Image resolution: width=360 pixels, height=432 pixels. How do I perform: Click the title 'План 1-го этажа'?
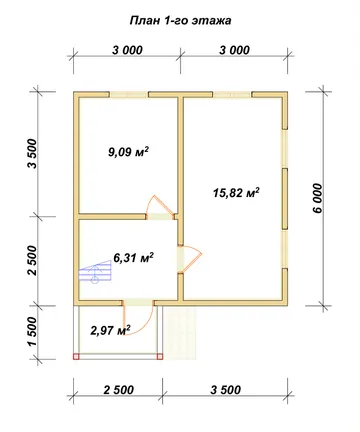tap(180, 21)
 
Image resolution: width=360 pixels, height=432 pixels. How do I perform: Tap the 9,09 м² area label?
tap(128, 152)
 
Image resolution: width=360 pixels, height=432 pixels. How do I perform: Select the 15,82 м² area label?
tap(236, 193)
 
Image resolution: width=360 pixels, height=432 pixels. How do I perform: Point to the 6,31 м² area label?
tap(134, 258)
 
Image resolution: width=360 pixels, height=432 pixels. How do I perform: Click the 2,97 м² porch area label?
tap(110, 330)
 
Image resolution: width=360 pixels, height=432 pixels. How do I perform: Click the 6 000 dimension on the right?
tap(318, 198)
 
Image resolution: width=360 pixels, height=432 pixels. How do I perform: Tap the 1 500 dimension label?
tap(33, 332)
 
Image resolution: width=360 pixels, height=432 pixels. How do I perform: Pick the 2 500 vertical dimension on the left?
tap(33, 260)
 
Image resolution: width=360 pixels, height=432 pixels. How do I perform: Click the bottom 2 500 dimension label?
tap(119, 390)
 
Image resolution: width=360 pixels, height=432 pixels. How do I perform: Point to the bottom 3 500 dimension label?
tap(226, 390)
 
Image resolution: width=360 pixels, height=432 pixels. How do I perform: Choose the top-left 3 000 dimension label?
tap(127, 50)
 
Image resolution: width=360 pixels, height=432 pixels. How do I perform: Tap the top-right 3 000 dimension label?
tap(234, 50)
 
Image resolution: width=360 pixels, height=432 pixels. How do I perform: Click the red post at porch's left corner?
tap(76, 357)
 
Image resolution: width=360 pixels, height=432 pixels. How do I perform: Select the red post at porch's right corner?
tap(160, 357)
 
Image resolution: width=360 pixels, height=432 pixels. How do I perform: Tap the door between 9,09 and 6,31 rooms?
tap(160, 207)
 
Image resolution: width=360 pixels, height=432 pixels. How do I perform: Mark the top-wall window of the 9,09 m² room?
tap(129, 94)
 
